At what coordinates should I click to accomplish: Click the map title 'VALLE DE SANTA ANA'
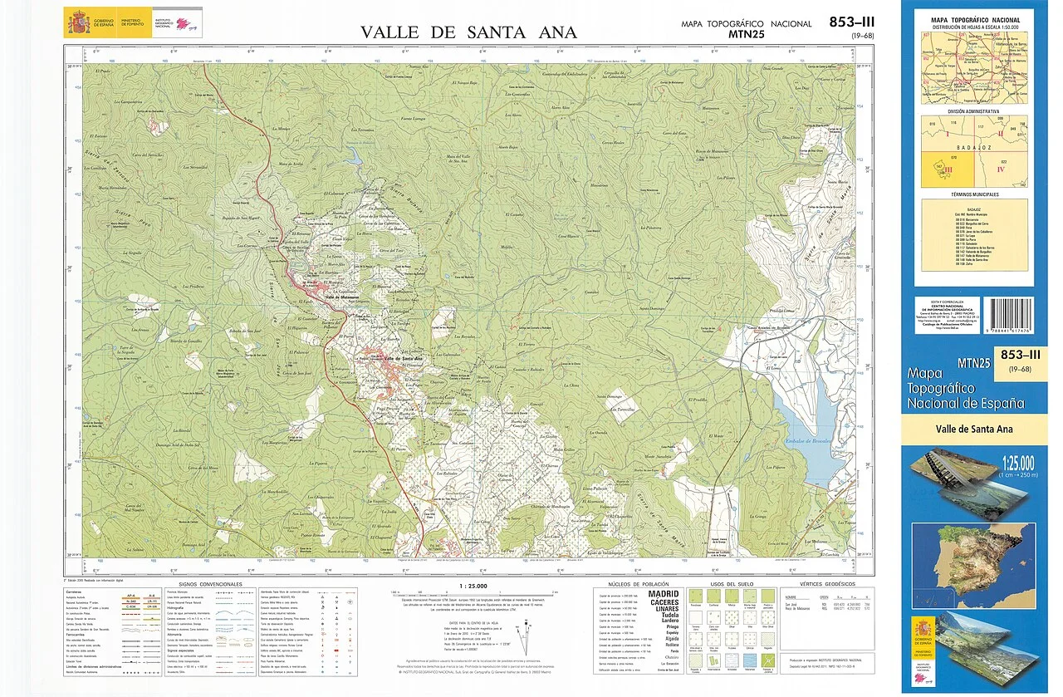click(468, 32)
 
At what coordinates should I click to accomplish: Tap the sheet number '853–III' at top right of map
click(851, 22)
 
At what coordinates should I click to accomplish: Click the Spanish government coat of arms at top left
click(78, 22)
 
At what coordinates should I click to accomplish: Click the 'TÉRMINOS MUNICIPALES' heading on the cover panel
click(975, 194)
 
